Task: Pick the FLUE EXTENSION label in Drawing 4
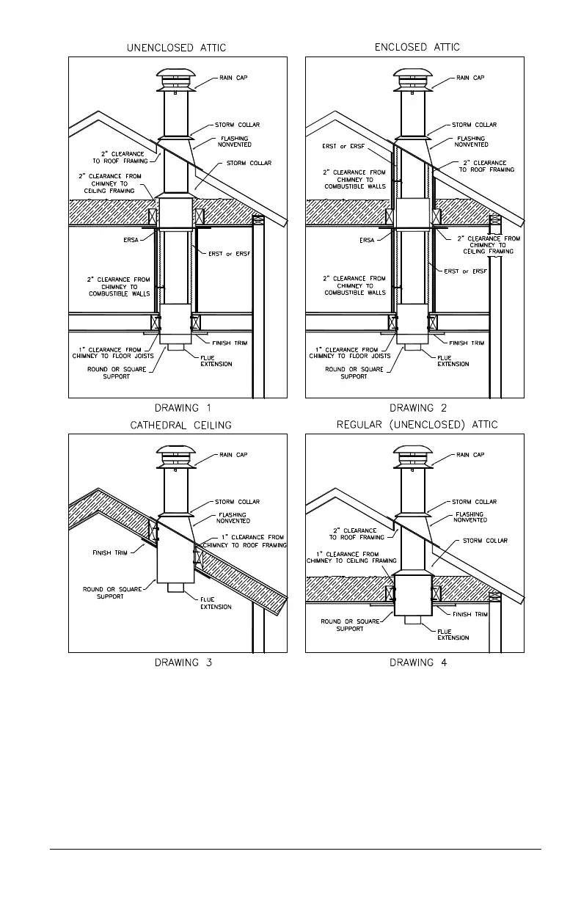coord(453,635)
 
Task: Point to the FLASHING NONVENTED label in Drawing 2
coord(470,142)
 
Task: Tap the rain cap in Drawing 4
coord(412,458)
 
